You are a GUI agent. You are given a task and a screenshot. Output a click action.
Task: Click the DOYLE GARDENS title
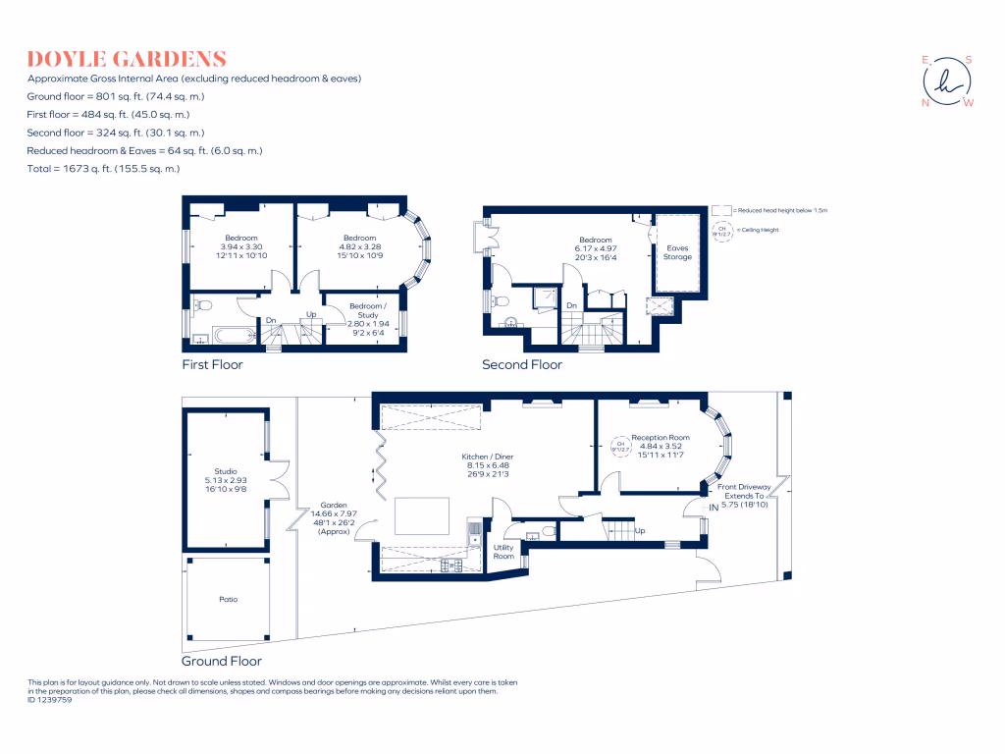tap(128, 59)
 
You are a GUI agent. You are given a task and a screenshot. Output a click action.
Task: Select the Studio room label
tap(226, 471)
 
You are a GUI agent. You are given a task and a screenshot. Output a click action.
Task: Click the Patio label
tap(228, 599)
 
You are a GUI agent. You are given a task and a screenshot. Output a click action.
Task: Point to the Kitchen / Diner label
tap(488, 458)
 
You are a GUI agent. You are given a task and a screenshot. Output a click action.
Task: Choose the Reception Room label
tap(660, 438)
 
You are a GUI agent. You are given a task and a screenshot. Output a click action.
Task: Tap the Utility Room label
tap(503, 552)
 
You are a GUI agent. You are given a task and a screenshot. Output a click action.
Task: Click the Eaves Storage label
tap(677, 253)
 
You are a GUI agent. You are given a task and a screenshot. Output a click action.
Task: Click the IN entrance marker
tap(728, 507)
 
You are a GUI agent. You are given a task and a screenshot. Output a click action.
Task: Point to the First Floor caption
tap(212, 365)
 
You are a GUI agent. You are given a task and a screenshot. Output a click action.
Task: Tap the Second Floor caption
tap(521, 365)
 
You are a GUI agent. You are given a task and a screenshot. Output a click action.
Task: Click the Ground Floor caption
tap(221, 661)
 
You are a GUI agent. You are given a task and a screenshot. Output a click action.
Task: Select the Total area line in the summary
tap(103, 169)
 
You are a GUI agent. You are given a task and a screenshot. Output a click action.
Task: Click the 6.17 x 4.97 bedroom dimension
tap(595, 249)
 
